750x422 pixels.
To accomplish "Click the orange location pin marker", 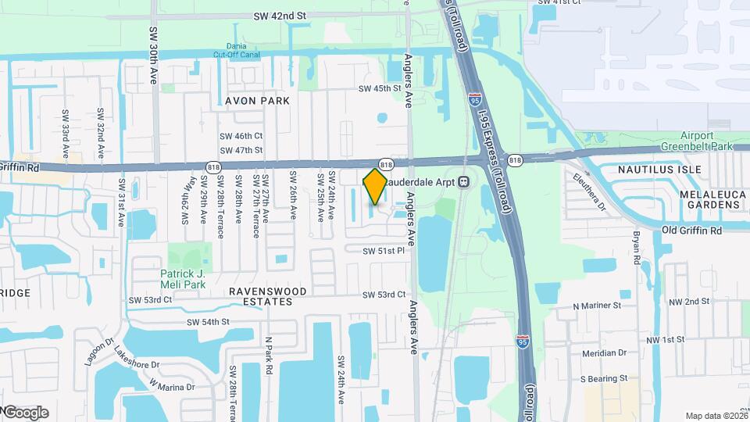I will [x=375, y=186].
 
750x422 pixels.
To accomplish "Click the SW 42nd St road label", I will [x=279, y=15].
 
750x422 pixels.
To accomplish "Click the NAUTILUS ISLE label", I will [x=659, y=169].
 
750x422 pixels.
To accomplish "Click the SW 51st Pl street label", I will [x=384, y=251].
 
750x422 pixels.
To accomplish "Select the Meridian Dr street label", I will [x=600, y=352].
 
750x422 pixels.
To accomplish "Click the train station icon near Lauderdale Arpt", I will [x=463, y=181].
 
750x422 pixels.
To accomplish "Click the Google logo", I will [x=25, y=412].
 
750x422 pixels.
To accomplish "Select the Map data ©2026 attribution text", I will [x=716, y=416].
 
